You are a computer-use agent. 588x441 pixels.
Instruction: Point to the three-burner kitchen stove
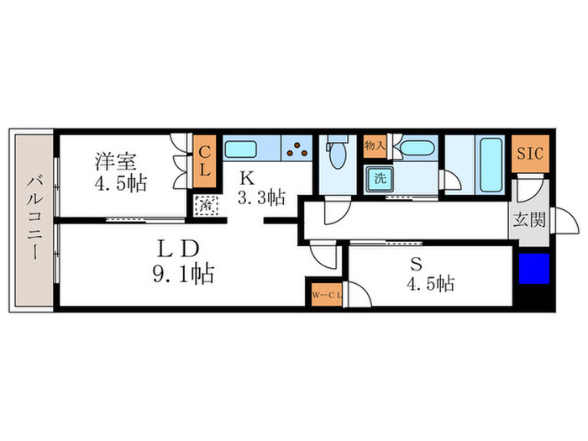pos(297,151)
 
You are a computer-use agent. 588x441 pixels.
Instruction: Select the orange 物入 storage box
pos(374,146)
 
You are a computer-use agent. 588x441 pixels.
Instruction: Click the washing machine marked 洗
pos(379,178)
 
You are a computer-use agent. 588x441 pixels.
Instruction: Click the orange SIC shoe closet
pos(529,155)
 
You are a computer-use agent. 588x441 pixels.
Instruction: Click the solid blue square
pos(533,270)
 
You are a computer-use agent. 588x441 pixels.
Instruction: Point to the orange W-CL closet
pos(323,296)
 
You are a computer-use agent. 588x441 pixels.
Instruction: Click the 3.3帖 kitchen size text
pos(261,197)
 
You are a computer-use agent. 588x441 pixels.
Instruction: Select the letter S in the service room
pos(415,261)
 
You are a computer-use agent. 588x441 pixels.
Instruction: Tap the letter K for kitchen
pos(246,178)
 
